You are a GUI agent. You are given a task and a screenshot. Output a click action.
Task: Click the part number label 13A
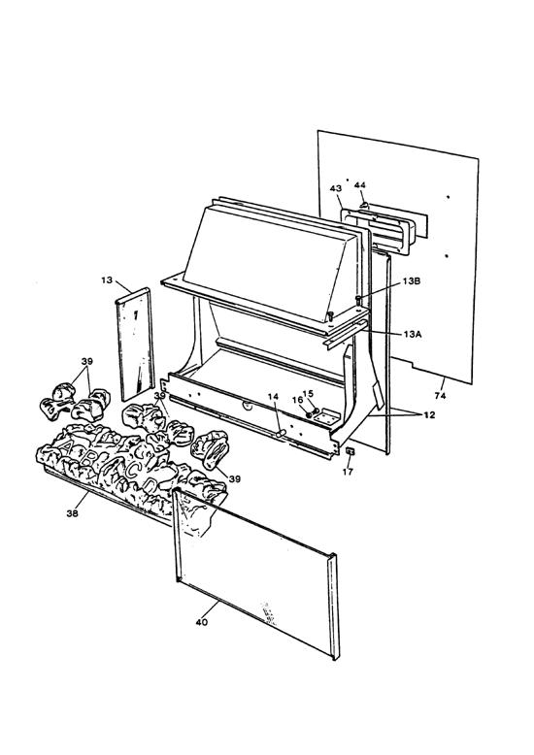tap(412, 333)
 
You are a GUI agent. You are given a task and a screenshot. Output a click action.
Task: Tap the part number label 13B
tap(411, 281)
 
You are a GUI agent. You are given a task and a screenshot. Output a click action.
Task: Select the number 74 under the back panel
tap(440, 396)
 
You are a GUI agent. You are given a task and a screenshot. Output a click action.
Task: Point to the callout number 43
tap(336, 188)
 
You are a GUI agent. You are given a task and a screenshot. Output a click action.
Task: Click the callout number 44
tap(360, 185)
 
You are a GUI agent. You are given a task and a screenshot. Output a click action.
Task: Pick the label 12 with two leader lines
tap(429, 414)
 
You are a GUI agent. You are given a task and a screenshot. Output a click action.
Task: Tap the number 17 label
tap(348, 472)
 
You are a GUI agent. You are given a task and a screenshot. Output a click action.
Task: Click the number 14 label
tap(273, 396)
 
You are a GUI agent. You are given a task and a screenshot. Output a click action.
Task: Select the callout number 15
tap(308, 393)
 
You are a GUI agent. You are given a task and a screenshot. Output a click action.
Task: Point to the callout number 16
tap(297, 400)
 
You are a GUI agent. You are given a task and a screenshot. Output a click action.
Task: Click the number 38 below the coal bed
tap(72, 513)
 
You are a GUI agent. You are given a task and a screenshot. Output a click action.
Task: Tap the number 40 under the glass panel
tap(202, 622)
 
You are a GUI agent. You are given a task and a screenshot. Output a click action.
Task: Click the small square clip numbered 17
tap(350, 451)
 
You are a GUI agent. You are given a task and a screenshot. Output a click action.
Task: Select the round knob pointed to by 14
tap(281, 434)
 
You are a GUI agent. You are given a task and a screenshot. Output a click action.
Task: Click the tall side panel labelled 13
tap(135, 344)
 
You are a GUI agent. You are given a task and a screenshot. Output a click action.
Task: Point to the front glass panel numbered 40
tap(255, 573)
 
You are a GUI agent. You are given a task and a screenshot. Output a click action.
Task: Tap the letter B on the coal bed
tap(86, 458)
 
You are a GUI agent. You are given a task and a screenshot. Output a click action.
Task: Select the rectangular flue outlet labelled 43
tap(377, 229)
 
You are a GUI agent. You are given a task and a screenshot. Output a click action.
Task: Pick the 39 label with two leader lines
tap(87, 361)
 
